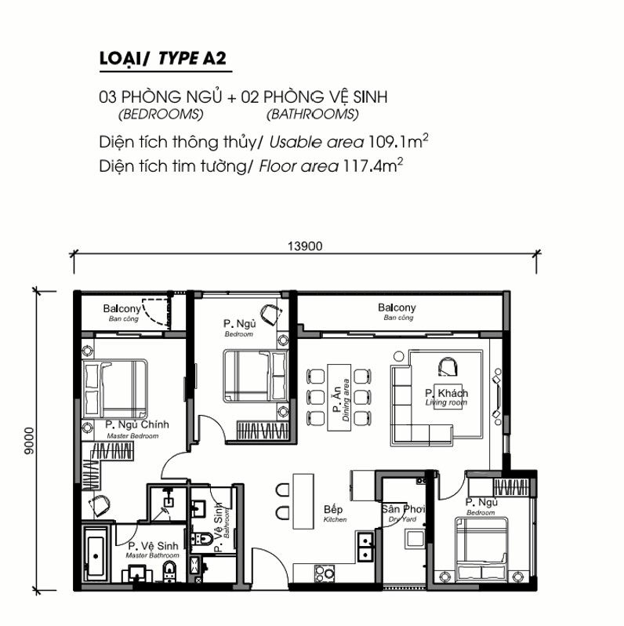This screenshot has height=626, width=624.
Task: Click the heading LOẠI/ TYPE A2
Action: click(x=163, y=58)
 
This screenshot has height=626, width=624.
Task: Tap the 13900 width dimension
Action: click(x=305, y=246)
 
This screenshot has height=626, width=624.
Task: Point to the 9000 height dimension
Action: click(x=29, y=441)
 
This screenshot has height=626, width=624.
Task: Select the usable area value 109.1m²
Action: click(x=397, y=141)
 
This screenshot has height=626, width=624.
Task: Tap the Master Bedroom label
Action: click(x=132, y=436)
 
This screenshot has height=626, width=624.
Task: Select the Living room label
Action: click(x=446, y=402)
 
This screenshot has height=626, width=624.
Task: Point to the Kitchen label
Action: click(x=336, y=519)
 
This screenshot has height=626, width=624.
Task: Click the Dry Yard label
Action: click(x=402, y=519)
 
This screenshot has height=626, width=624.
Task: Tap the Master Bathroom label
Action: click(x=152, y=555)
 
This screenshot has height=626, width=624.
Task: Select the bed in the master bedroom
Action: click(x=115, y=388)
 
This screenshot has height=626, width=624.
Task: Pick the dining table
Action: click(x=339, y=397)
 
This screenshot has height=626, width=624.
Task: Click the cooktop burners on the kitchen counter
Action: click(x=324, y=573)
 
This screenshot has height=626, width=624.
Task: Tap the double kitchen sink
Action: click(x=365, y=547)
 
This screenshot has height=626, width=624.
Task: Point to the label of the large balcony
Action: click(x=397, y=311)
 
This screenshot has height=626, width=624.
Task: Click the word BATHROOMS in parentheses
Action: click(x=313, y=115)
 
